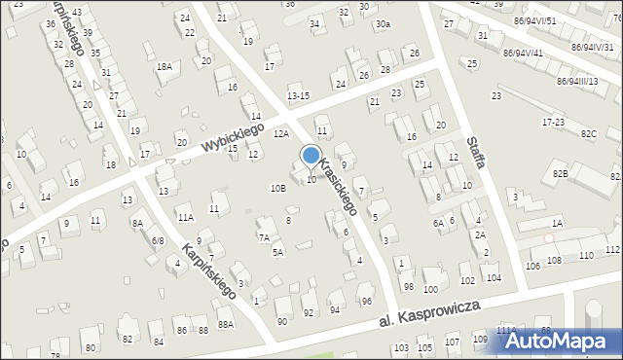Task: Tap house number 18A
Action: (x=165, y=66)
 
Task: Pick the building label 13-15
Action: (x=298, y=95)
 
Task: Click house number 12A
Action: (x=280, y=133)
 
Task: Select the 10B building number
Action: (x=277, y=187)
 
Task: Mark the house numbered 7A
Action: (x=264, y=236)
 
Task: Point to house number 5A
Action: (x=277, y=252)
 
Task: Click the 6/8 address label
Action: (x=157, y=239)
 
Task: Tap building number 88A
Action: (x=226, y=325)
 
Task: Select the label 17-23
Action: (x=553, y=122)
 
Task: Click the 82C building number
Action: (x=588, y=133)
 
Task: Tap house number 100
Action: (x=430, y=289)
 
